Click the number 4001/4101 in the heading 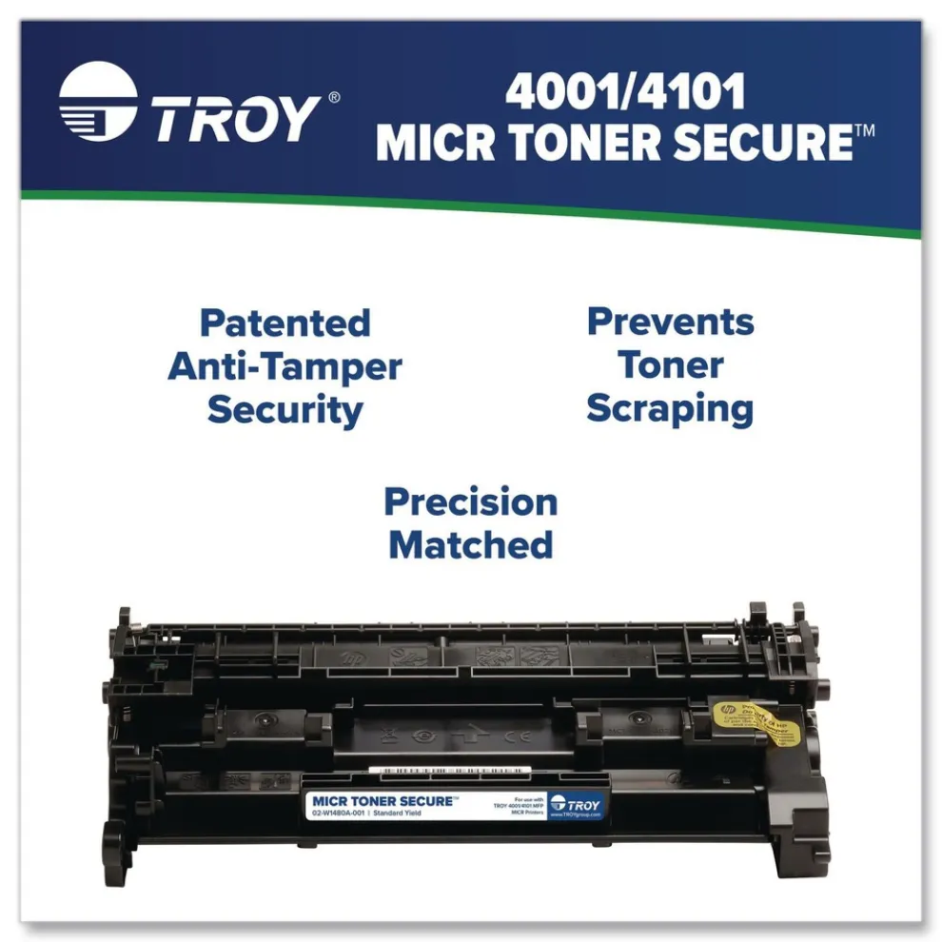click(624, 93)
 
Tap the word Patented click(285, 324)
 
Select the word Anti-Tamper click(285, 367)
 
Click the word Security click(285, 410)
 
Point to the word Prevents click(670, 322)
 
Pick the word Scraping click(670, 408)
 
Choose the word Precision click(470, 501)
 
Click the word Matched click(470, 545)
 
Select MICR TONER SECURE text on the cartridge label click(383, 801)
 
